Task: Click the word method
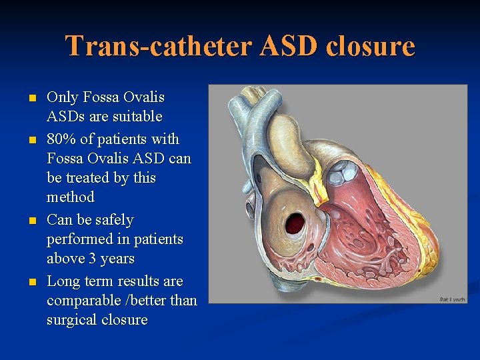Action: [x=71, y=197]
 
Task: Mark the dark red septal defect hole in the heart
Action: [x=295, y=223]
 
